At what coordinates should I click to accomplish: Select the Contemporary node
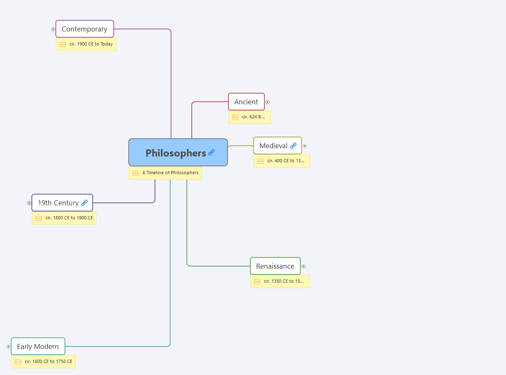click(x=84, y=29)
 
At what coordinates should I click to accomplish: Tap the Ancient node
click(x=246, y=102)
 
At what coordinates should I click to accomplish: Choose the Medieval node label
click(x=273, y=146)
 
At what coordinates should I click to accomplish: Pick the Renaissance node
click(x=275, y=266)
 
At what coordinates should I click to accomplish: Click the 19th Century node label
click(x=58, y=203)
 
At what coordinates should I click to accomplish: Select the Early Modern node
click(x=38, y=346)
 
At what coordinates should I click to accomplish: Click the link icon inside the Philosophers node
click(x=211, y=152)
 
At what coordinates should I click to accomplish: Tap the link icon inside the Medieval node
click(x=293, y=146)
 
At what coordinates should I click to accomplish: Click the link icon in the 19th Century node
click(x=84, y=203)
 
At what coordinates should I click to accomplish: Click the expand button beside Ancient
click(x=268, y=102)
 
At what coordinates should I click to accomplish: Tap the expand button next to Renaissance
click(x=304, y=266)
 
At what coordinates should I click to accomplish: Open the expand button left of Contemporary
click(x=53, y=29)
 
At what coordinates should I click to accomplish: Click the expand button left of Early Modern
click(x=8, y=346)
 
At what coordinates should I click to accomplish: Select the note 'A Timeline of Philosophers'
click(x=170, y=173)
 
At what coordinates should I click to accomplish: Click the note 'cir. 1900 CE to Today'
click(x=91, y=44)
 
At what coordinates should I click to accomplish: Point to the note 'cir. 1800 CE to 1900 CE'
click(x=69, y=218)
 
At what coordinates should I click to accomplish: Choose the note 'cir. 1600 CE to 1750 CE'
click(x=48, y=361)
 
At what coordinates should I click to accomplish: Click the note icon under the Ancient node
click(x=235, y=117)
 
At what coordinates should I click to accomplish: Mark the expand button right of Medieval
click(x=305, y=146)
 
